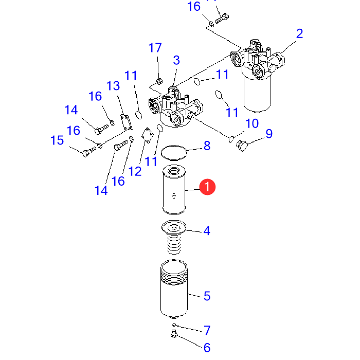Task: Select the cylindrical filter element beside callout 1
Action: pos(175,189)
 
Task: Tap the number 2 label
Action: pos(299,34)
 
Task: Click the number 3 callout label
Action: pos(176,60)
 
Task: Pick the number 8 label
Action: pos(207,146)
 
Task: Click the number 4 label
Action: pos(207,231)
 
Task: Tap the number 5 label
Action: pos(207,296)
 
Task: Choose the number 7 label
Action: pos(207,330)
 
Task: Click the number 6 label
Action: pos(207,348)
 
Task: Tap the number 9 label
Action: pos(268,134)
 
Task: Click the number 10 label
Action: pos(252,123)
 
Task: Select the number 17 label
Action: pos(155,48)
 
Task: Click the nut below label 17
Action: pos(158,81)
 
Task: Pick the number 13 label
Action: pos(113,85)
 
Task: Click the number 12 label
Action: pos(135,172)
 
